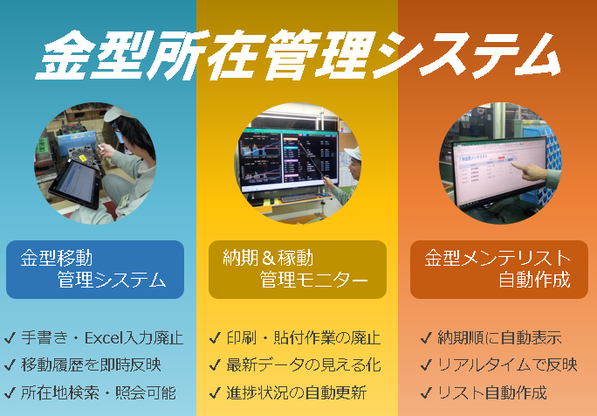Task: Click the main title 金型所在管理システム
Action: coord(298,54)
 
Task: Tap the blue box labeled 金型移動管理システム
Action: coord(95,269)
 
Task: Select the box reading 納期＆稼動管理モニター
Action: coord(298,269)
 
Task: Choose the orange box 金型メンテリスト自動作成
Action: coord(498,269)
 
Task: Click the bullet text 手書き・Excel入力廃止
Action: coord(102,338)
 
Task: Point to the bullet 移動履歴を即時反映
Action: coord(91,365)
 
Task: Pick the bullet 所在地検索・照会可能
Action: coord(99,392)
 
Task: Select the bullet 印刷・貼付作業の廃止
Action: coord(304,338)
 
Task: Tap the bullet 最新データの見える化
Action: coord(304,365)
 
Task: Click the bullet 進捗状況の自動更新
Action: coord(296,392)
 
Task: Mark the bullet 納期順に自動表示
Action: coord(499,338)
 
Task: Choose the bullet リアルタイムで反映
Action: coord(507,365)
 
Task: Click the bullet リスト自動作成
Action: coord(492,392)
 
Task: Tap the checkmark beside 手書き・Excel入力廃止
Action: coord(10,338)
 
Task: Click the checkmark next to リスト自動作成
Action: coord(426,392)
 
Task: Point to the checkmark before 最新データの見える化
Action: coord(215,365)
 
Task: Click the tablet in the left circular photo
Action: coord(75,184)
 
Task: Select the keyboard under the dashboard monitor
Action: coord(299,198)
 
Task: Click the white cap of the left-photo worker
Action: coord(114,113)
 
